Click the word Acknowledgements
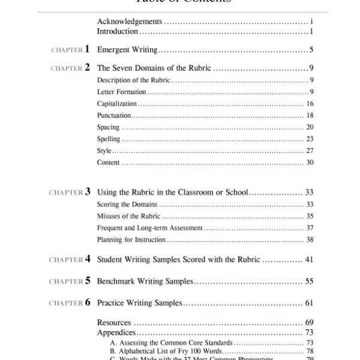[x=129, y=22]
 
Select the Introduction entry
[x=118, y=31]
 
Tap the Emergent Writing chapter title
[x=127, y=50]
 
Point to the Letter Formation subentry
[x=121, y=92]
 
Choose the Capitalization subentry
[x=117, y=104]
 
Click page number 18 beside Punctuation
[x=310, y=115]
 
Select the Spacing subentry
[x=108, y=127]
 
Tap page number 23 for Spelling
[x=310, y=139]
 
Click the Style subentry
[x=104, y=151]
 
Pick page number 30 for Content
[x=310, y=163]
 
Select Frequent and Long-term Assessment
[x=150, y=228]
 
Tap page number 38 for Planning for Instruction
[x=310, y=240]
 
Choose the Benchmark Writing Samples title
[x=145, y=281]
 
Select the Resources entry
[x=114, y=323]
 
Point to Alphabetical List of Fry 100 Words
[x=166, y=351]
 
